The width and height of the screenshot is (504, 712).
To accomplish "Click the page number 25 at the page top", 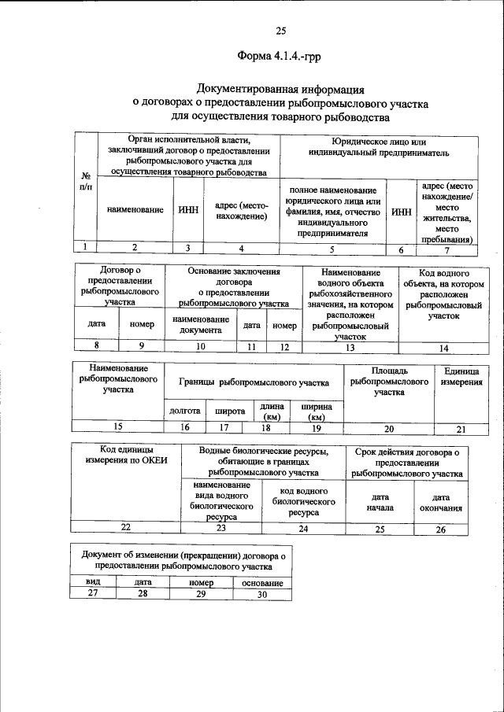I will [280, 31].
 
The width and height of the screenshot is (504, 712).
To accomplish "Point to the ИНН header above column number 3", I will [187, 211].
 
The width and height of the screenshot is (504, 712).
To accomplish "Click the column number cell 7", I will [447, 250].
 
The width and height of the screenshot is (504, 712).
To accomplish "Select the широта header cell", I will [224, 410].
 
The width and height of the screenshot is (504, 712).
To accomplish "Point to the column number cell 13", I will [350, 347].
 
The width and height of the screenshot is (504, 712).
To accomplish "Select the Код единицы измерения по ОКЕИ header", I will [126, 456].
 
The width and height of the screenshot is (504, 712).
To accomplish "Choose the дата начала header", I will [380, 503].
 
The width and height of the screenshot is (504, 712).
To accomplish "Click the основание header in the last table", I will [262, 583].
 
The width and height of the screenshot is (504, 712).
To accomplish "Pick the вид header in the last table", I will [93, 582].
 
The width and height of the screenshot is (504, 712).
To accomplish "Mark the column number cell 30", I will [262, 594].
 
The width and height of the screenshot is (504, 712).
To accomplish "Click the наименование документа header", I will [201, 325].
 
